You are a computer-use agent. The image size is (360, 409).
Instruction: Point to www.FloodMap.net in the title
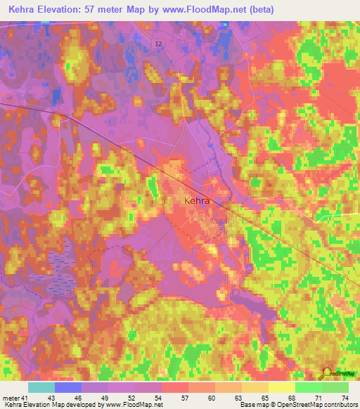point(210,10)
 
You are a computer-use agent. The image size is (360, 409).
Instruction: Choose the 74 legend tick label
point(344,398)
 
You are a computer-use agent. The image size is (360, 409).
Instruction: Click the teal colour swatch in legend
point(41,387)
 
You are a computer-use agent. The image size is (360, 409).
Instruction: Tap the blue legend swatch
point(68,387)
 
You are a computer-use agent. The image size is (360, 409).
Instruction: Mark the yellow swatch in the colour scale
point(282,387)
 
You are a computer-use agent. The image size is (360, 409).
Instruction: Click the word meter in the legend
point(10,398)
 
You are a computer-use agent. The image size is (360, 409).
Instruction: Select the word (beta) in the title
point(259,10)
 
